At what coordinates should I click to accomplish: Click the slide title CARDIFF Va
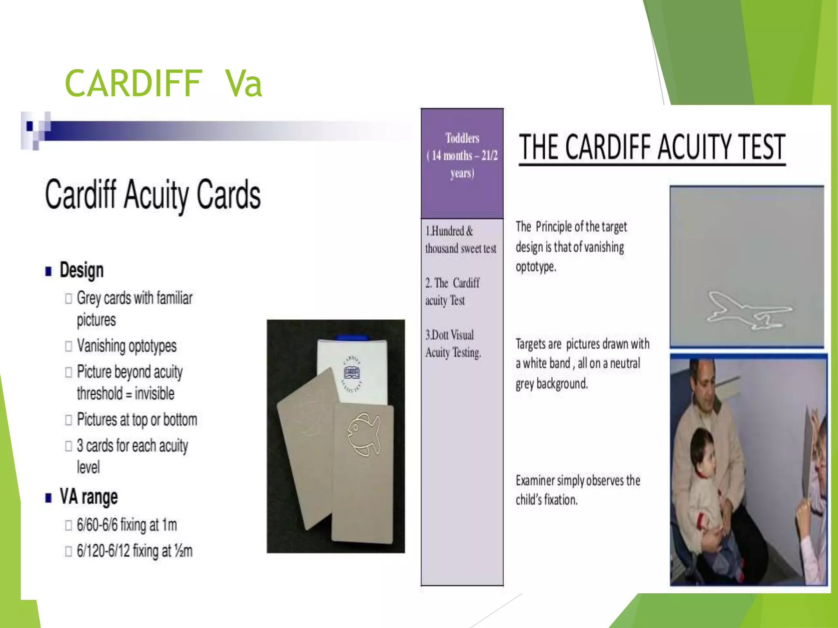tap(163, 83)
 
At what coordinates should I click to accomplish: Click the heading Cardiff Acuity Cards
tap(153, 195)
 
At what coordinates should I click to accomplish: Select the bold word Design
tap(81, 270)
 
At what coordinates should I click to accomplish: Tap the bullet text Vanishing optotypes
tap(126, 346)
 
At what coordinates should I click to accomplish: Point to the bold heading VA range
tap(88, 497)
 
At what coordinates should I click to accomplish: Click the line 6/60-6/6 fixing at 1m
tap(126, 525)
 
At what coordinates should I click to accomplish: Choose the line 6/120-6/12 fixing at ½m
tap(134, 551)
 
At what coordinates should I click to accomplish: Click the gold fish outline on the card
tap(363, 434)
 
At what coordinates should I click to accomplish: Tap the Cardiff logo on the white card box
tap(352, 373)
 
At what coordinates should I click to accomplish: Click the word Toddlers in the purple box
tap(462, 138)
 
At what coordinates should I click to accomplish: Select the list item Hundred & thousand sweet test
tap(460, 240)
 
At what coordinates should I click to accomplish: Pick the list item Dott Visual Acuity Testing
tap(453, 344)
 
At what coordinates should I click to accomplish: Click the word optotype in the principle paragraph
tap(535, 267)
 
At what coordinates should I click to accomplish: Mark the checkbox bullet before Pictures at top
tap(68, 420)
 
